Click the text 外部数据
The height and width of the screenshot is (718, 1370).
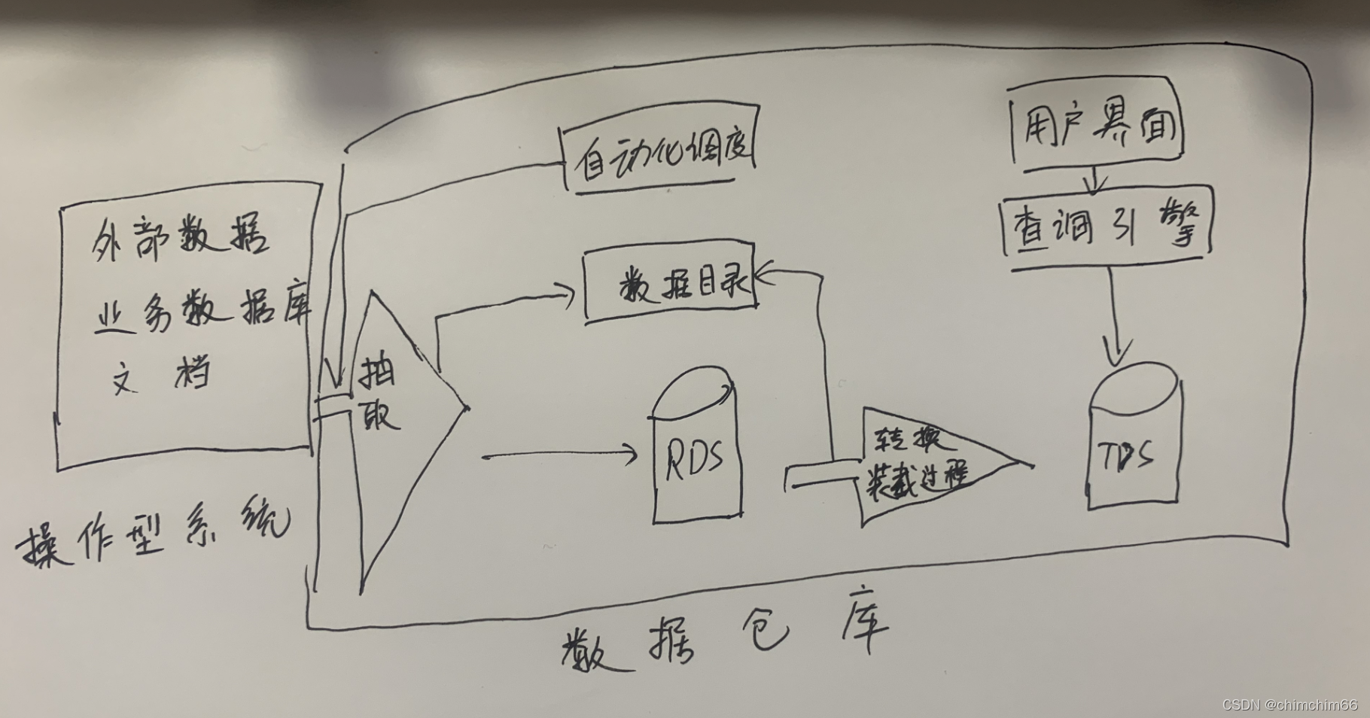coord(181,239)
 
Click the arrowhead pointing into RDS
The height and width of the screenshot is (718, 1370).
coord(631,454)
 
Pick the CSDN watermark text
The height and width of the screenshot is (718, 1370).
coord(1289,705)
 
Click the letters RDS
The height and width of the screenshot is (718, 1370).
coord(695,457)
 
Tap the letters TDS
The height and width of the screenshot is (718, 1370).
coord(1127,455)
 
